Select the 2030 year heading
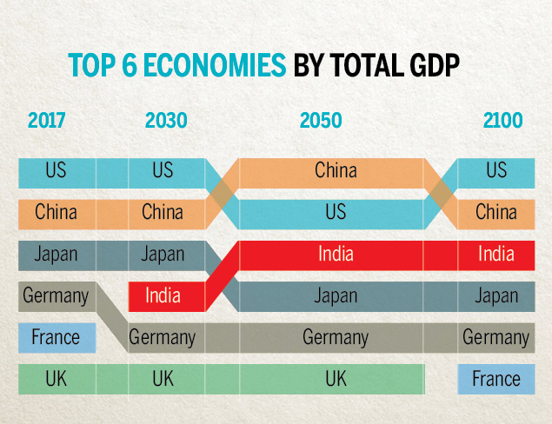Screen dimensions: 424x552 tap(166, 120)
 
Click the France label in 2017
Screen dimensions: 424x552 tap(56, 337)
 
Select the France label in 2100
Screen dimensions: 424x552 tap(496, 379)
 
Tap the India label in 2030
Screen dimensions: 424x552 tap(163, 295)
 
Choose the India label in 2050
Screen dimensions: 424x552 tap(336, 254)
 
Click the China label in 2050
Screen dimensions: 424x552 tap(336, 170)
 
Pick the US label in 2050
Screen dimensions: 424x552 tap(336, 212)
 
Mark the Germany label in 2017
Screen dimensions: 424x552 tap(56, 295)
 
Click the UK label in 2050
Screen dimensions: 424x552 tap(336, 379)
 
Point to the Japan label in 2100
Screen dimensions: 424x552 tap(496, 295)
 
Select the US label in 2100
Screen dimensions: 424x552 tap(496, 170)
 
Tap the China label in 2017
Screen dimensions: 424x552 tap(56, 212)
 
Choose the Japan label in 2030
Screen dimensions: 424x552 tap(163, 254)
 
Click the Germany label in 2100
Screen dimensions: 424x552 tap(496, 337)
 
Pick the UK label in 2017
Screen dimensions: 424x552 tap(56, 379)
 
